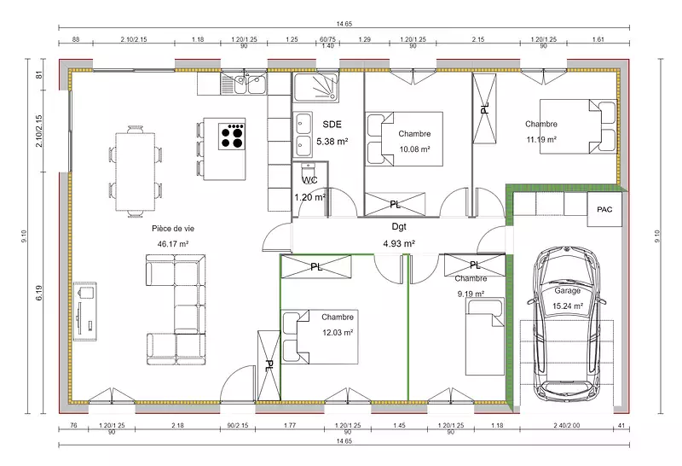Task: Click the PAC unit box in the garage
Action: point(604,209)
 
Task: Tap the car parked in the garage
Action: point(566,324)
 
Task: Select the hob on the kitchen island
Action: point(232,137)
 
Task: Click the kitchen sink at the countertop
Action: point(244,84)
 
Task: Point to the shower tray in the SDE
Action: point(315,88)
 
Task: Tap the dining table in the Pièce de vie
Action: point(136,172)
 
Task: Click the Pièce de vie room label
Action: point(173,228)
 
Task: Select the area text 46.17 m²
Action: point(173,244)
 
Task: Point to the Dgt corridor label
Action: point(399,226)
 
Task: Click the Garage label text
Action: point(567,290)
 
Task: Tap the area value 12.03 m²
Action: point(338,333)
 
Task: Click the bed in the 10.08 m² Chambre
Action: point(404,139)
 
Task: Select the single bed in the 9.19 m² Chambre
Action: point(485,336)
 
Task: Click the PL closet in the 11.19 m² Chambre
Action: point(484,108)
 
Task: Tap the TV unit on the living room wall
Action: point(84,312)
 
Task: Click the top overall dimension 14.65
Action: point(344,24)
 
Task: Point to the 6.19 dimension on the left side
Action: point(39,293)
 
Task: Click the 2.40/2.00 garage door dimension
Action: point(567,425)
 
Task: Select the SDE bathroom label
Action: point(332,125)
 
